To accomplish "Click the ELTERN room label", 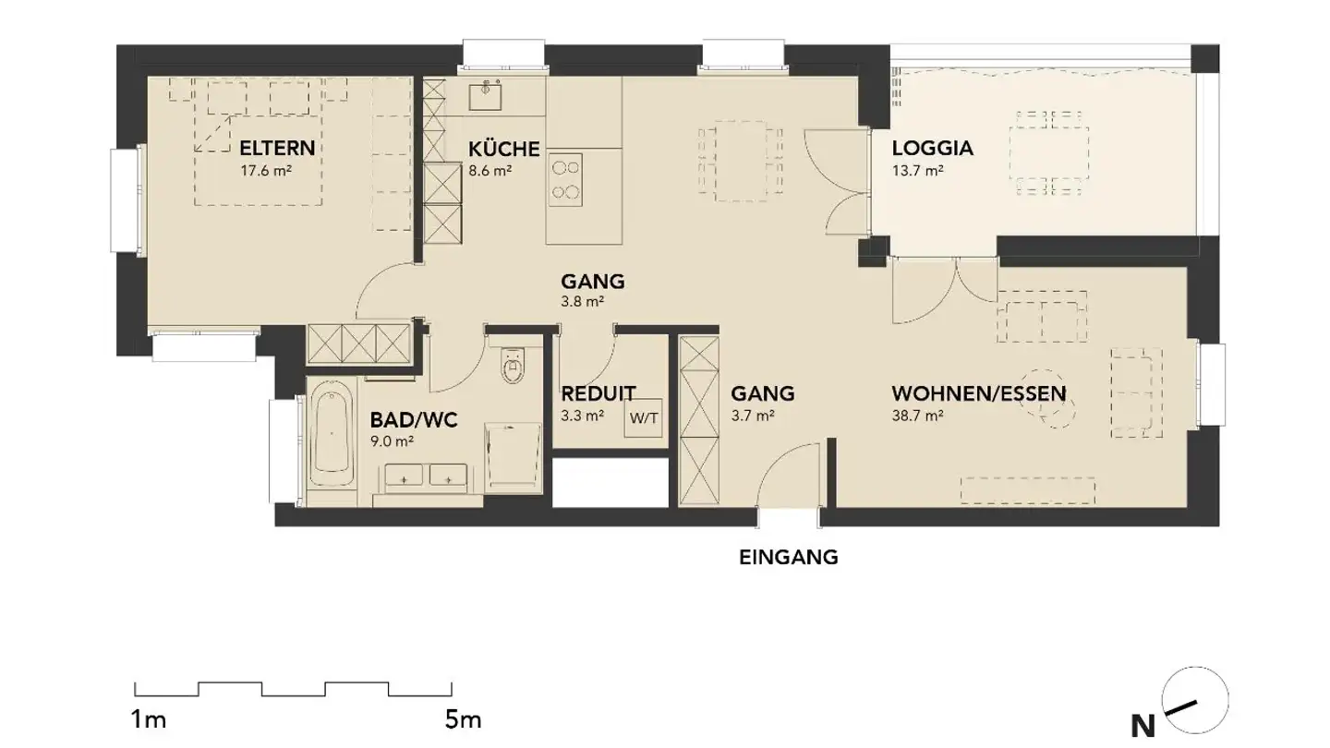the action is (x=277, y=148).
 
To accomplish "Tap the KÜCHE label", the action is (x=504, y=149).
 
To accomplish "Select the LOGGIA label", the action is (x=933, y=149).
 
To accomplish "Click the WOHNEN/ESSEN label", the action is (x=979, y=393).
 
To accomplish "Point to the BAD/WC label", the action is (x=414, y=420).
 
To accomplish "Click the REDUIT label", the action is (x=598, y=393).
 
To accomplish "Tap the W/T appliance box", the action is (x=644, y=418).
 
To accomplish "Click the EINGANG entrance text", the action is (x=789, y=558).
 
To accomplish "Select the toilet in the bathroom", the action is (x=513, y=365).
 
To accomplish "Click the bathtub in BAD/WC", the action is (x=332, y=433).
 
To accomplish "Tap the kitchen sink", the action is (x=485, y=97).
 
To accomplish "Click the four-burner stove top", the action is (x=565, y=180).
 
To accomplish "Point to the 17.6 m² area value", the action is (x=266, y=171).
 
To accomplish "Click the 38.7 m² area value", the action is (x=918, y=416).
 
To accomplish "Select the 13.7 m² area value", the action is (x=918, y=171).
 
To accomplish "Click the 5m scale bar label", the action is (x=463, y=720).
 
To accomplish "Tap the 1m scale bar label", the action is (x=148, y=720).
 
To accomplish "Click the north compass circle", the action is (x=1195, y=700).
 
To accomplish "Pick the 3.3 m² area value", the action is (x=583, y=416).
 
